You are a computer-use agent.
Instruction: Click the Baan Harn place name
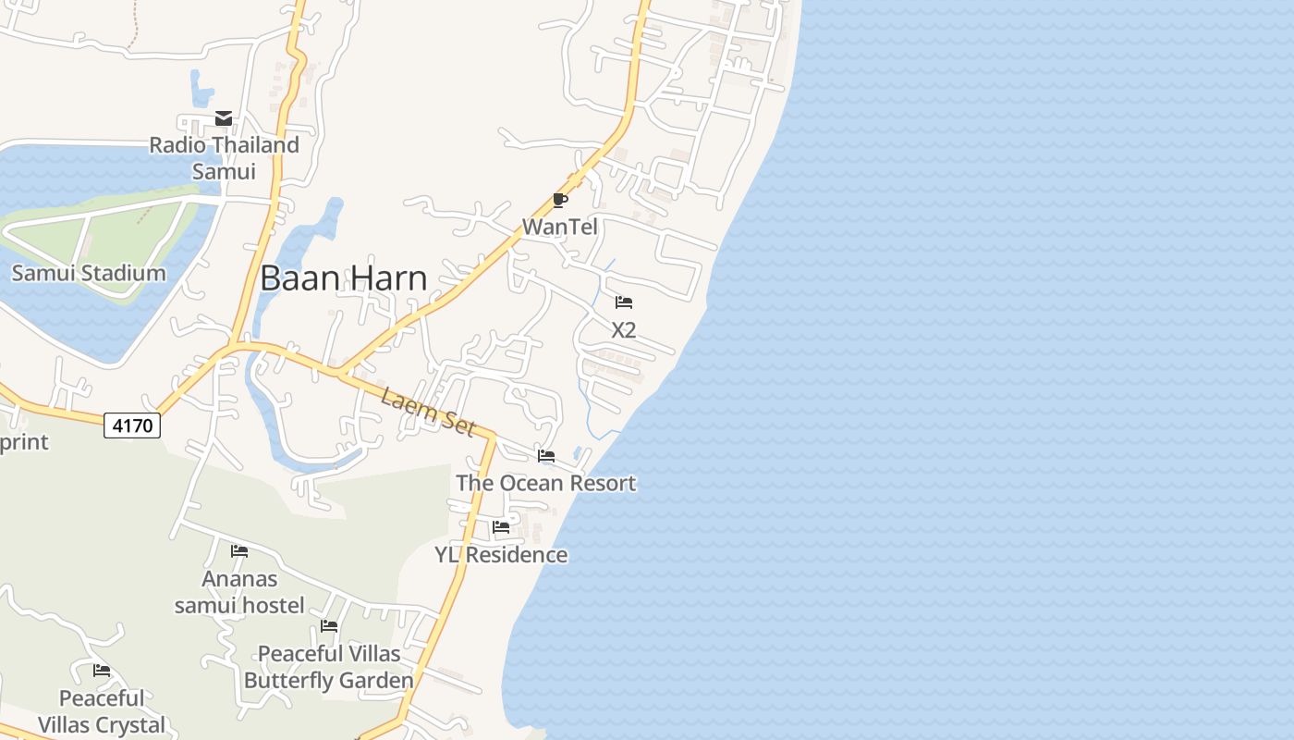point(343,277)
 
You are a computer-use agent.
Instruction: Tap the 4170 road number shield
point(132,425)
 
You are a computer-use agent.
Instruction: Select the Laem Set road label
point(428,412)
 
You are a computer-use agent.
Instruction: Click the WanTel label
point(560,227)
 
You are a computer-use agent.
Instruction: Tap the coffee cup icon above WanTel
point(559,200)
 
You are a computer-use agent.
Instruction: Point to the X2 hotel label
point(624,329)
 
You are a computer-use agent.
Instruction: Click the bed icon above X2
point(624,302)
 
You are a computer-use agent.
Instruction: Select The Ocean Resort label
point(545,483)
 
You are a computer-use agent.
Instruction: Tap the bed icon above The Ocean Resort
point(546,456)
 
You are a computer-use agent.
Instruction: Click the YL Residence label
point(501,554)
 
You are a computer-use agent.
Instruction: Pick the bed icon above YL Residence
point(501,527)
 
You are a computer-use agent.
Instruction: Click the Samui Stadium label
point(89,273)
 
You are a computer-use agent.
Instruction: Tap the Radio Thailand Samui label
point(224,158)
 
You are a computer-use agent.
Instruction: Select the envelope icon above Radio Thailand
point(224,118)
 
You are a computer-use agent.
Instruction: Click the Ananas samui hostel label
point(239,592)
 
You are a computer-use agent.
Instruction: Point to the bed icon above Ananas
point(239,551)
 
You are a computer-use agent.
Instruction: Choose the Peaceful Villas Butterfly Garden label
point(329,667)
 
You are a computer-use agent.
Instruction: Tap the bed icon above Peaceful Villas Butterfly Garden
point(329,626)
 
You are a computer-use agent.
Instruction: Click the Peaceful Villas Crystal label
point(102,711)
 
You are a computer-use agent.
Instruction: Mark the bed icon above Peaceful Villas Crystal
point(102,671)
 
